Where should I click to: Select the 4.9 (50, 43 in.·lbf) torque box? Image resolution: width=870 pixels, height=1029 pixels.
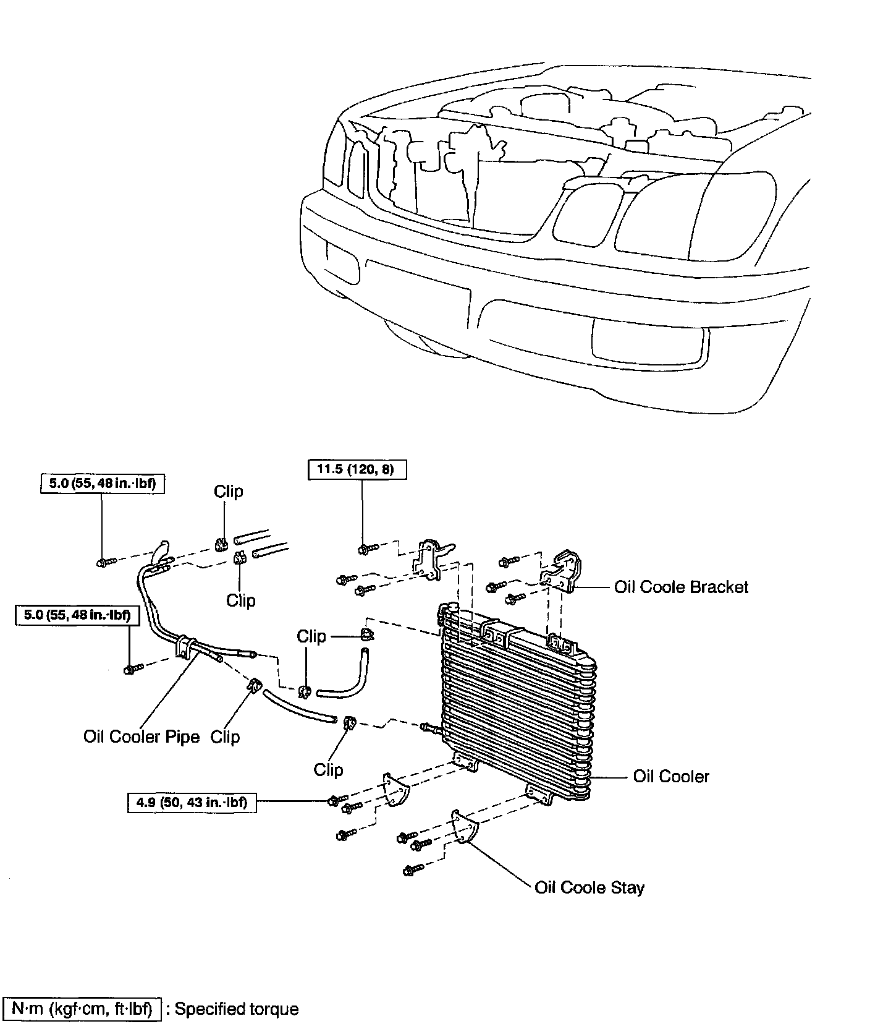pyautogui.click(x=192, y=803)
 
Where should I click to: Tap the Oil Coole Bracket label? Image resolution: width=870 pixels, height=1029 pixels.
pyautogui.click(x=681, y=587)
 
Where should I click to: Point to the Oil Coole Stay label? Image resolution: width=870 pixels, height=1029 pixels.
pyautogui.click(x=589, y=887)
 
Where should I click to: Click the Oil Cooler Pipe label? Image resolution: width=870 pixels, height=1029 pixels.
pyautogui.click(x=141, y=737)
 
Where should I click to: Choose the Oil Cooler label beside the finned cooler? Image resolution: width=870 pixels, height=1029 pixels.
pyautogui.click(x=671, y=776)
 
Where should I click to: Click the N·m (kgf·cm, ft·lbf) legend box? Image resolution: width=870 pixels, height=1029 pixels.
pyautogui.click(x=82, y=1009)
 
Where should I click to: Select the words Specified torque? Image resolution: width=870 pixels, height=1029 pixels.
pyautogui.click(x=237, y=1009)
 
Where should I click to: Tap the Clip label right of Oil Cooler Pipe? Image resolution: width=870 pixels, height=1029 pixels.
pyautogui.click(x=225, y=737)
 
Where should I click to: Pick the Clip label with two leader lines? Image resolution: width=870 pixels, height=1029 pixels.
pyautogui.click(x=311, y=636)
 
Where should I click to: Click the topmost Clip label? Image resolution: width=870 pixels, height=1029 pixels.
pyautogui.click(x=229, y=492)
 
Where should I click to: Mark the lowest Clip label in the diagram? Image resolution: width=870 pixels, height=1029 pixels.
pyautogui.click(x=328, y=769)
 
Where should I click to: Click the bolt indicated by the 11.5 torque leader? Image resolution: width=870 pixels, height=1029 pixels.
pyautogui.click(x=366, y=548)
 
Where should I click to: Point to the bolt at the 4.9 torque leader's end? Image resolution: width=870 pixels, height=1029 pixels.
pyautogui.click(x=334, y=801)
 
